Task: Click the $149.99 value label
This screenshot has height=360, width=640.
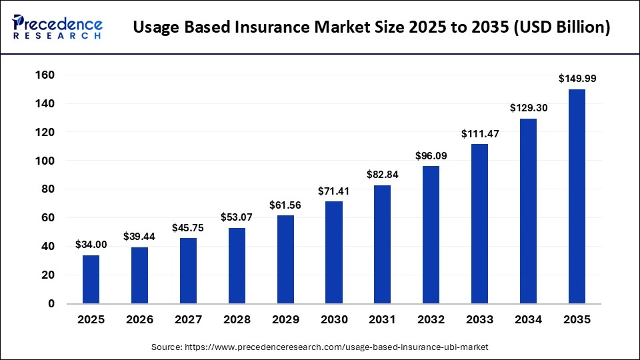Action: point(577,79)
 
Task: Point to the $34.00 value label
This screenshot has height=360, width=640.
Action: point(91,244)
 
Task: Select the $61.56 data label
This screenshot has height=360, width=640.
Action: point(285,205)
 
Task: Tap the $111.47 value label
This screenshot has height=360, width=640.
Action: point(479,133)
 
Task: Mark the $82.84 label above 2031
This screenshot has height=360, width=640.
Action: point(383,175)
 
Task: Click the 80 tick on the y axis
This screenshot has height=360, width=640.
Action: point(47,189)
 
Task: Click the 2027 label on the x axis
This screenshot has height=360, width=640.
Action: point(188,319)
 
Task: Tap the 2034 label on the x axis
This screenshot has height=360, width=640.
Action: point(528,319)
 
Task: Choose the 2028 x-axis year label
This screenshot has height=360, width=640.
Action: point(237,319)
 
